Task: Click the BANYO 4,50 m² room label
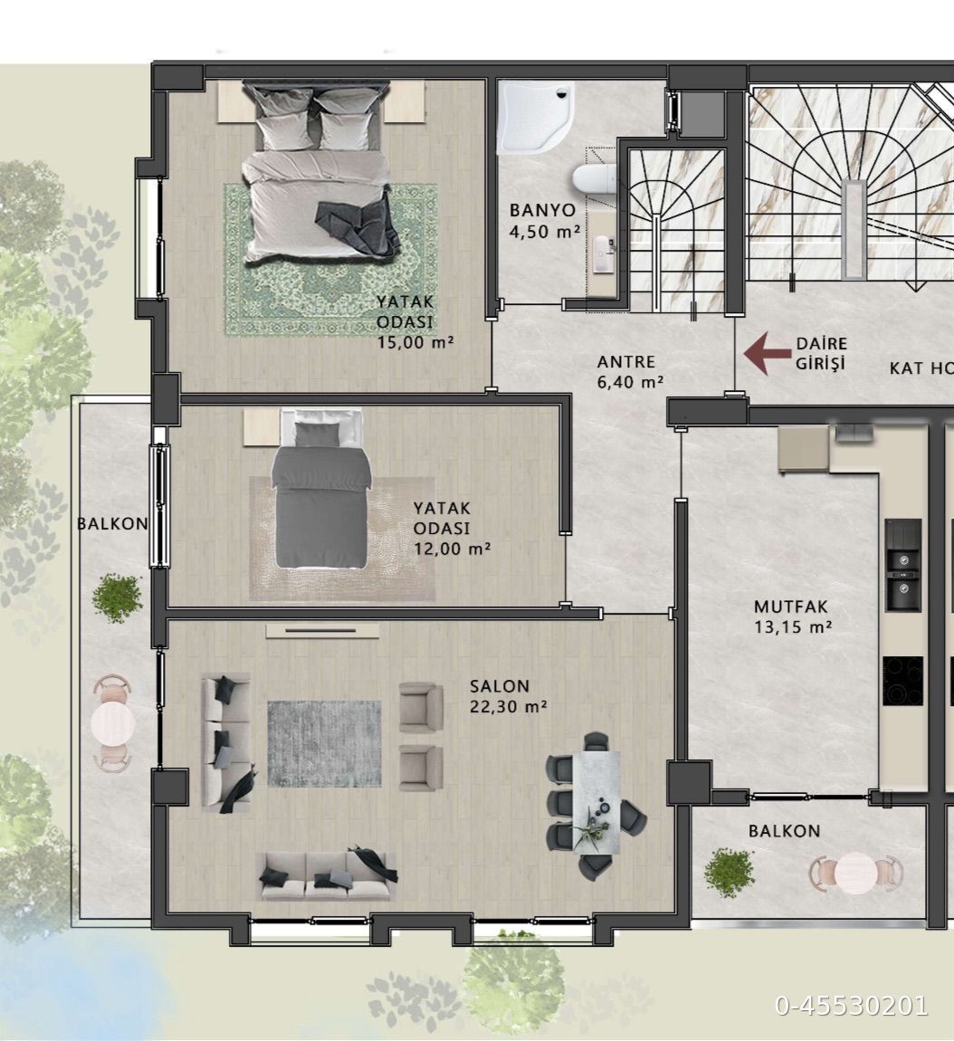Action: [x=545, y=221]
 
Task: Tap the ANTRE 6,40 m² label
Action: [x=631, y=372]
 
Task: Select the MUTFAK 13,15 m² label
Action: [x=793, y=616]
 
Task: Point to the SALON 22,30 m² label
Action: [x=509, y=696]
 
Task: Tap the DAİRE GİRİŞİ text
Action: [x=822, y=354]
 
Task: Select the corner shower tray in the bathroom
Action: [x=535, y=117]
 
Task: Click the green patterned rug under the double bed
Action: [x=330, y=260]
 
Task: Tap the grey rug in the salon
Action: [x=325, y=743]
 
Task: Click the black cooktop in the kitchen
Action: [x=903, y=681]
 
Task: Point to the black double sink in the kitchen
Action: [x=903, y=566]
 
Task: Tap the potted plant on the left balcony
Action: [x=118, y=597]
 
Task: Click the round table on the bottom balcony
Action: [x=856, y=873]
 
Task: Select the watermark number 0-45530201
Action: [x=852, y=1006]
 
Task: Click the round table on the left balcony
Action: [x=113, y=723]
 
